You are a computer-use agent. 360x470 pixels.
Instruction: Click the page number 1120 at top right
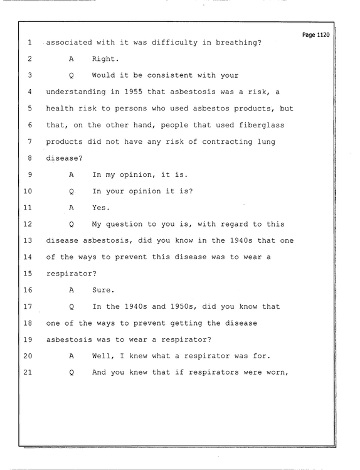323,35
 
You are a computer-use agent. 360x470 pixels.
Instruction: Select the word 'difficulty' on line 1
174,43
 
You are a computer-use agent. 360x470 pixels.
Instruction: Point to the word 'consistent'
170,75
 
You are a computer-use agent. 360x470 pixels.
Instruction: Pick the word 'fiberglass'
262,125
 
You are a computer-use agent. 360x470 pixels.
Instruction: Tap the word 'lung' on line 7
267,142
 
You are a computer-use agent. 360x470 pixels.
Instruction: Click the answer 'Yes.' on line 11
101,208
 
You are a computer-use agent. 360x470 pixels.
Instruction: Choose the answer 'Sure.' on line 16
103,290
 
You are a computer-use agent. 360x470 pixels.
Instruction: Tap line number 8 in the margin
29,158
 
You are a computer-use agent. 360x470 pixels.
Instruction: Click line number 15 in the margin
28,274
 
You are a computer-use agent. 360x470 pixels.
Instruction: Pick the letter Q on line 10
71,191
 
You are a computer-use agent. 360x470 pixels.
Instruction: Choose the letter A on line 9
71,174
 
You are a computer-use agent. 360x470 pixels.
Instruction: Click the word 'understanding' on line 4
76,92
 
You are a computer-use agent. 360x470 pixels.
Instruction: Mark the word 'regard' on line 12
234,224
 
